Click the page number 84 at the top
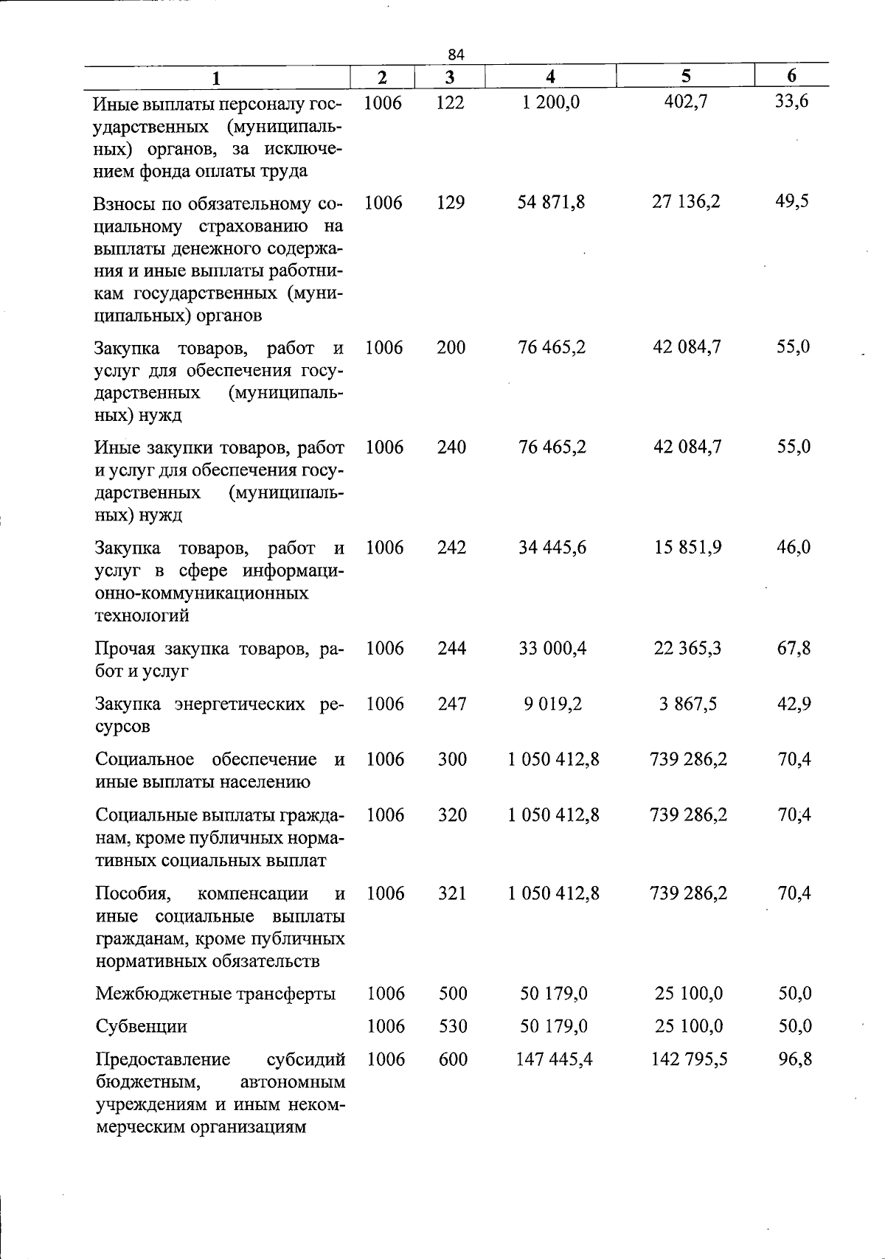(456, 54)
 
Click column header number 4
(550, 77)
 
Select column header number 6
(791, 76)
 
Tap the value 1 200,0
(550, 102)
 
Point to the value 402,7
(686, 102)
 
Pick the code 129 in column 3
(451, 202)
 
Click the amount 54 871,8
(551, 202)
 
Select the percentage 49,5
(792, 201)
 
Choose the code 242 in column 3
(451, 548)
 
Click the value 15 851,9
(687, 547)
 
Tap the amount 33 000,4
(552, 648)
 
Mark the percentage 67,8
(794, 648)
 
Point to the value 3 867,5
(688, 704)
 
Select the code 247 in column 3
(452, 704)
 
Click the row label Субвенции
(141, 1027)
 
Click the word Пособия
(133, 894)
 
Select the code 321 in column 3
(452, 893)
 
